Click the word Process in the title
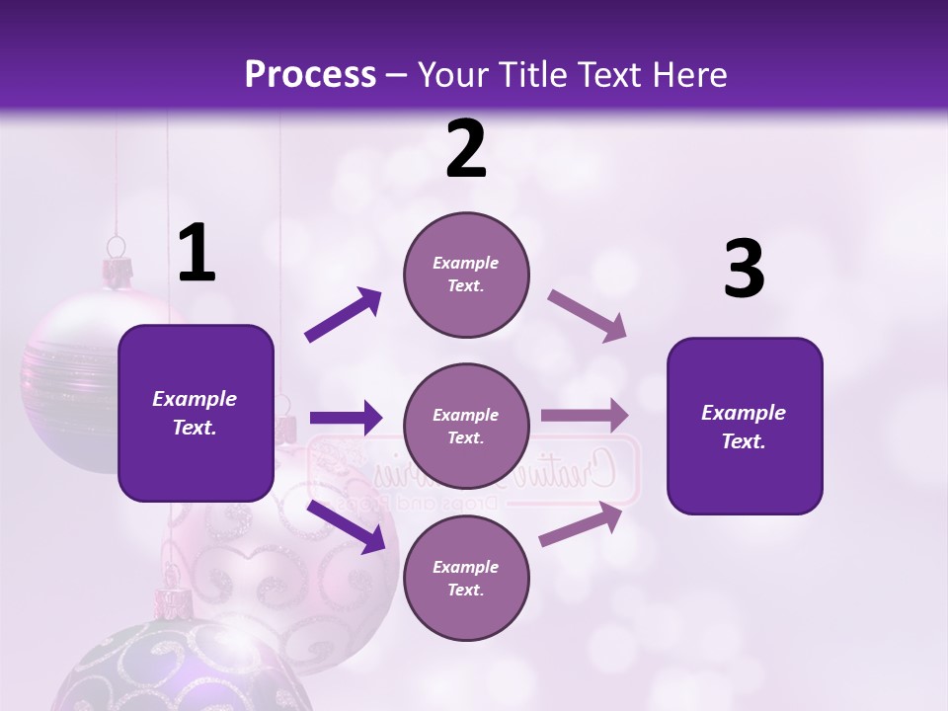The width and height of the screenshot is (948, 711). [310, 74]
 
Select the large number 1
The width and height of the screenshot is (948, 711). [197, 254]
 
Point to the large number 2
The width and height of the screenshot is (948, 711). [466, 149]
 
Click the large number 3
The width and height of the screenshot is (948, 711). [744, 270]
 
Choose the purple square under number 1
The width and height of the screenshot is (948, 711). [196, 413]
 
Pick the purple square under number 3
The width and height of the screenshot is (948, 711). [745, 426]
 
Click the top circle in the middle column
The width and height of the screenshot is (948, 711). [466, 274]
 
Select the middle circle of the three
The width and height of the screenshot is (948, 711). [466, 426]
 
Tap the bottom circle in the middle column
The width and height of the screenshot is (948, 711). [466, 578]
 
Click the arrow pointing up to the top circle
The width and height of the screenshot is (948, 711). [344, 315]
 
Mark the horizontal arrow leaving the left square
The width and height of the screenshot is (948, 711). [346, 418]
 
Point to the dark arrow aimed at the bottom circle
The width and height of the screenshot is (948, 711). [346, 526]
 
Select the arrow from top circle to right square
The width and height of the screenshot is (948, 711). [587, 316]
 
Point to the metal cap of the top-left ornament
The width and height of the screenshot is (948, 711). [118, 270]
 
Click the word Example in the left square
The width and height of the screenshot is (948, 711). [195, 399]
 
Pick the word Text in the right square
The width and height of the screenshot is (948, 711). [744, 441]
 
